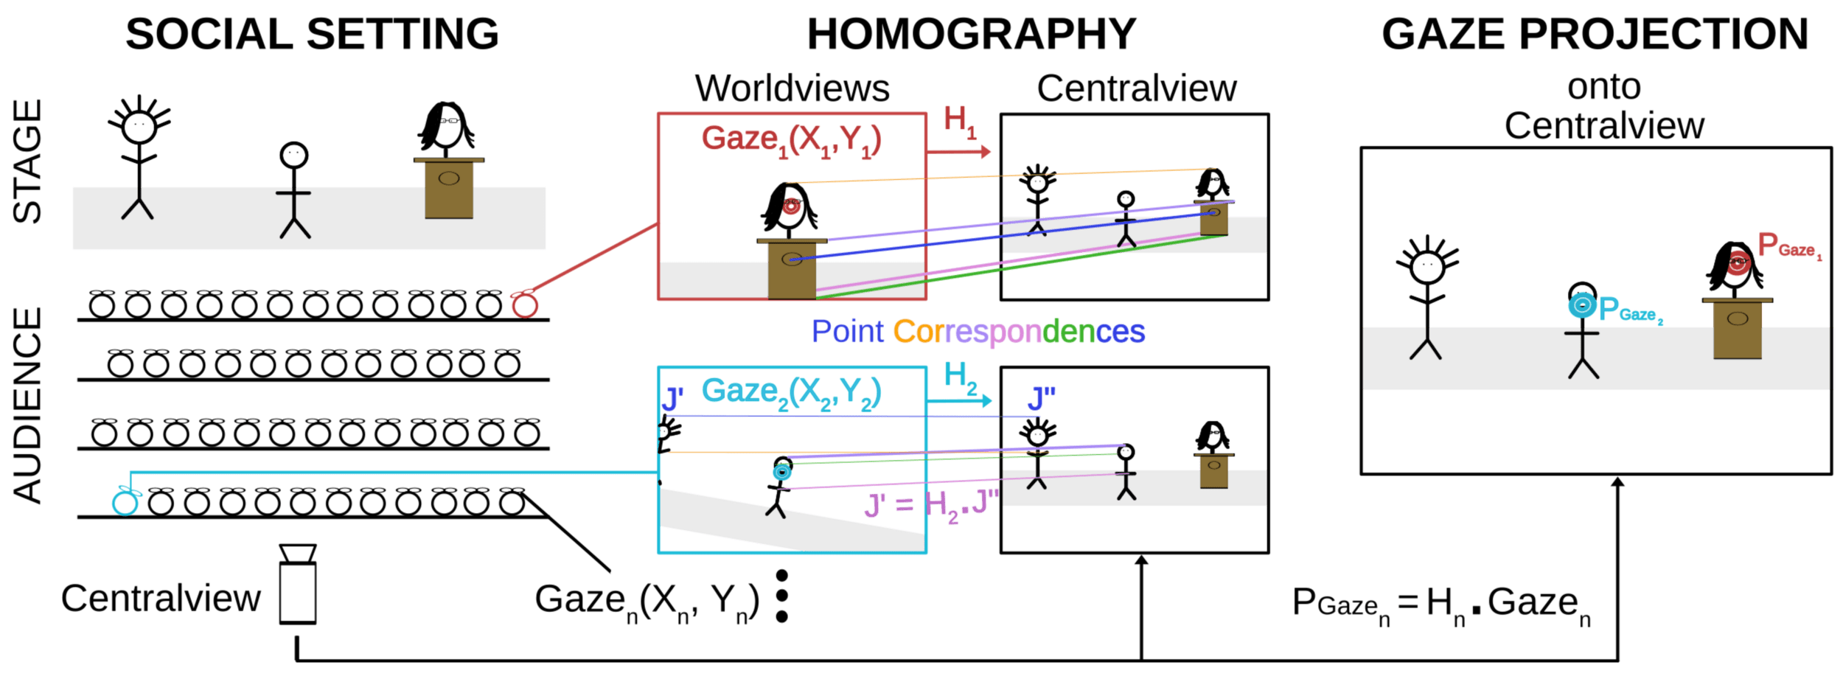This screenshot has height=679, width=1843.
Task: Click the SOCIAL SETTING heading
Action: pyautogui.click(x=312, y=35)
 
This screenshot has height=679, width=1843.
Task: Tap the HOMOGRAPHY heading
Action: pyautogui.click(x=972, y=35)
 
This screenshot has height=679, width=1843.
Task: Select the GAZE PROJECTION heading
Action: pyautogui.click(x=1595, y=35)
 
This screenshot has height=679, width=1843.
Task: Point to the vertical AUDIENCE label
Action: pyautogui.click(x=28, y=405)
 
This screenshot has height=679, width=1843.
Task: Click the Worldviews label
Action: pyautogui.click(x=792, y=88)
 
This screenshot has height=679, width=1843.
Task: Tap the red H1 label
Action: pyautogui.click(x=959, y=121)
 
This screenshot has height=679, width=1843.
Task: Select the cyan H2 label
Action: pyautogui.click(x=961, y=377)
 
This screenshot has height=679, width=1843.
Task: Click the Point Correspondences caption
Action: pyautogui.click(x=978, y=332)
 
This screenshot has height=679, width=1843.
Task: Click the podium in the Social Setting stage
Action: pyautogui.click(x=449, y=187)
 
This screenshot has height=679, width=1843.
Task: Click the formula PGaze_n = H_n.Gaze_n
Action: pyautogui.click(x=1441, y=605)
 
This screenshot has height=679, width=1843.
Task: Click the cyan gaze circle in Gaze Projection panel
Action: pyautogui.click(x=1581, y=304)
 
